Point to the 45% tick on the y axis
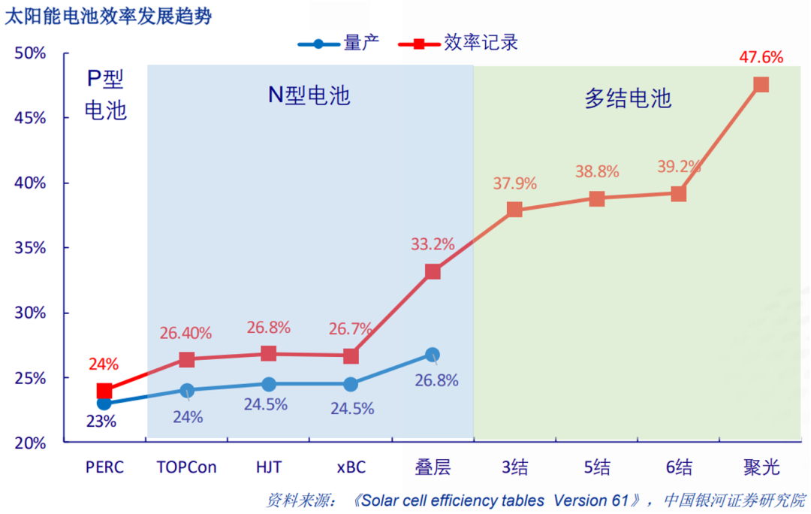(x=31, y=119)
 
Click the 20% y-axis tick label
(x=31, y=443)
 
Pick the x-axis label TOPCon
(x=186, y=467)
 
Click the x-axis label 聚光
(x=761, y=467)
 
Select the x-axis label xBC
(x=351, y=467)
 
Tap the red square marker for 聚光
(x=761, y=84)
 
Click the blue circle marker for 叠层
(x=433, y=355)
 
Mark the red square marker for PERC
(x=104, y=391)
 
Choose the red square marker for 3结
(x=514, y=210)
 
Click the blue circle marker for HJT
(x=268, y=384)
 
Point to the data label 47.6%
(x=760, y=57)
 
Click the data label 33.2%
(x=433, y=244)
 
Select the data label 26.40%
(x=185, y=332)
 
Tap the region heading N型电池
(x=309, y=95)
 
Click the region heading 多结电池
(x=628, y=98)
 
